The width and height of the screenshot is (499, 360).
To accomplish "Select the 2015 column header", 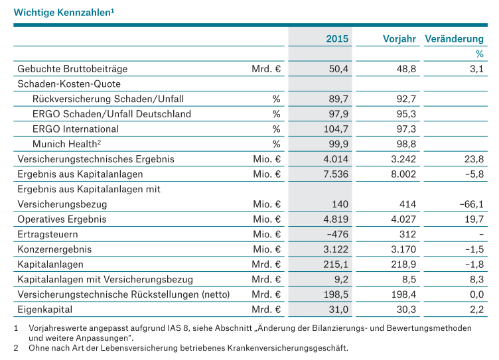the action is click(x=337, y=39).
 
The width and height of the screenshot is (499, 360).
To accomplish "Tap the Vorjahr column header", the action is click(x=399, y=39).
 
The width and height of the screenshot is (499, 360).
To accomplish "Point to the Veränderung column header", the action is click(x=454, y=39).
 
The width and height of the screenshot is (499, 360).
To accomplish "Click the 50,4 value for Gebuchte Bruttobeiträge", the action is click(x=338, y=69).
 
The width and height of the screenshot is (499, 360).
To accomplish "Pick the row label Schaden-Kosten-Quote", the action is click(x=69, y=84).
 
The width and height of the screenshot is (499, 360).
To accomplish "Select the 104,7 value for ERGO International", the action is click(x=336, y=129).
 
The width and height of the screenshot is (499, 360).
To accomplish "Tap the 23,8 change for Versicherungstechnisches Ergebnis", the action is click(x=474, y=159).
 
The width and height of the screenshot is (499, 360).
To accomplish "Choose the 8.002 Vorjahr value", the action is click(x=403, y=174).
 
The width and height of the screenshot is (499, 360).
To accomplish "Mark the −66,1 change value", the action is click(x=472, y=204).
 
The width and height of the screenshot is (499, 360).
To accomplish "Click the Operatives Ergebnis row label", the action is click(x=62, y=219).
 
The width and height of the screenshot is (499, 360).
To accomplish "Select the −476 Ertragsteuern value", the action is click(x=338, y=235).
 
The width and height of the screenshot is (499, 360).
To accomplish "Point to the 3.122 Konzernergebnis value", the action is click(x=336, y=249).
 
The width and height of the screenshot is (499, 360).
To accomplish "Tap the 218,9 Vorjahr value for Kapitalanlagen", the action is click(x=403, y=265).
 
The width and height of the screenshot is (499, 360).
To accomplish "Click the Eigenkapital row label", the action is click(x=45, y=310).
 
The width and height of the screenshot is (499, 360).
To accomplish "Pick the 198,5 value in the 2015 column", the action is click(x=336, y=294).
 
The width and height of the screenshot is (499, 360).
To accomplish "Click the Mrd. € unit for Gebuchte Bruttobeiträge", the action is click(x=266, y=69).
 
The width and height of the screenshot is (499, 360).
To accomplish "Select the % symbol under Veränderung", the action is click(x=480, y=54).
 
